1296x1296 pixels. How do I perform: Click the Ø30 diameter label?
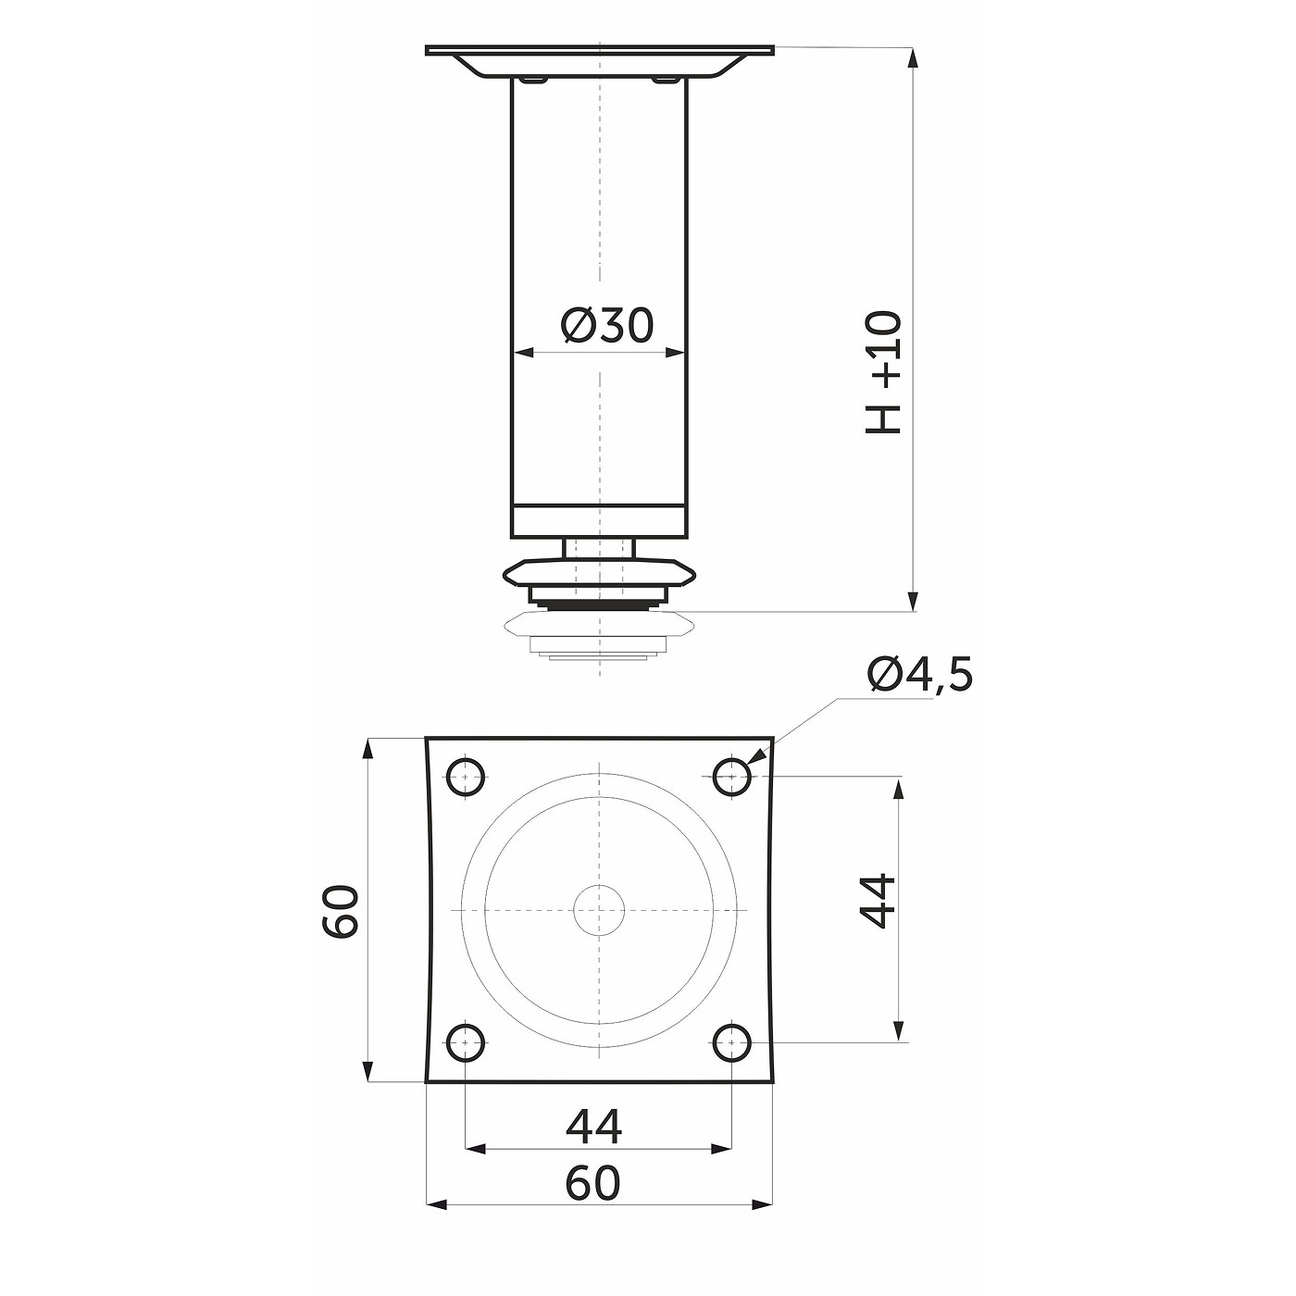606,325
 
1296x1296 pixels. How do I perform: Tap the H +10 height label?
883,372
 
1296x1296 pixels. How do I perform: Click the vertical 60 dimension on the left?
341,911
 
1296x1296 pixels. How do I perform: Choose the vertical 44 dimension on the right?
878,901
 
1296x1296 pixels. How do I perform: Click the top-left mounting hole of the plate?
466,777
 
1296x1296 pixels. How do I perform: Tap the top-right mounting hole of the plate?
731,777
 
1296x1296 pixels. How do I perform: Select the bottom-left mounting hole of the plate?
466,1043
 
